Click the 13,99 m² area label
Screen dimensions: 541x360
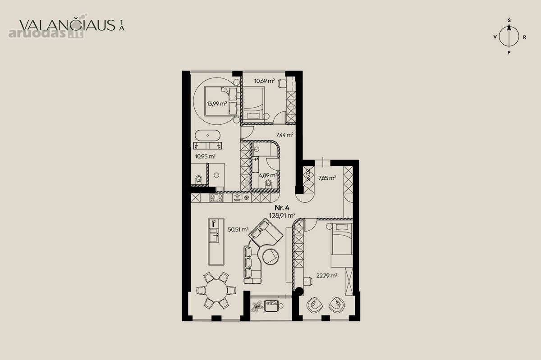217,104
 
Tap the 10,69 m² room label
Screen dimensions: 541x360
265,81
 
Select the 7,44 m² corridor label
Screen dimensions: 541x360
285,135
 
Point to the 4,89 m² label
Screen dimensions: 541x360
268,175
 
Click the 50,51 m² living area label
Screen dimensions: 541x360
238,229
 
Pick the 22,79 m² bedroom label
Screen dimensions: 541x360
327,275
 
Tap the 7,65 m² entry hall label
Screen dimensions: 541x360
327,178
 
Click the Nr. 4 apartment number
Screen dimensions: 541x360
282,208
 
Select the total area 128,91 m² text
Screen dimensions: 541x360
282,215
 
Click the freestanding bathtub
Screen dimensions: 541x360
207,136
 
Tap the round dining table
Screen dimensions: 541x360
216,290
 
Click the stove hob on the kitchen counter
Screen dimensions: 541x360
217,198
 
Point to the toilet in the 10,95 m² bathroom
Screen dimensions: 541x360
198,179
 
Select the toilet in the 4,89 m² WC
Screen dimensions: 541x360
268,184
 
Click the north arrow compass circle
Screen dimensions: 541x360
509,36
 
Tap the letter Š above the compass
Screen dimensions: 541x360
509,20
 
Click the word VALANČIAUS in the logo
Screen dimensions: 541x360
67,25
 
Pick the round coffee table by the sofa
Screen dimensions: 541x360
271,256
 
